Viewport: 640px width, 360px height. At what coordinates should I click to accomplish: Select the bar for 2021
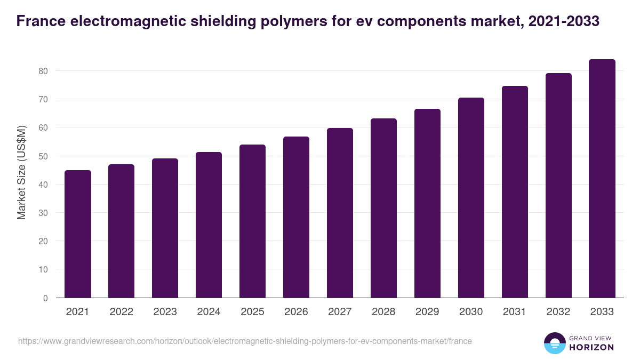click(78, 234)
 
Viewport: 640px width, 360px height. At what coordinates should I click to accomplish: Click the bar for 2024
click(209, 225)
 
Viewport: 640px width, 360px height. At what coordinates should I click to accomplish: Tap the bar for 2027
click(340, 213)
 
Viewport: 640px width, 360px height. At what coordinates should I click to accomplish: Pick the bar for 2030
click(471, 198)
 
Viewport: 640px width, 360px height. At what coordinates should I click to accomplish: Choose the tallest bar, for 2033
click(602, 179)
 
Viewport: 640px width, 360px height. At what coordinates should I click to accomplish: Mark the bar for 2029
click(427, 203)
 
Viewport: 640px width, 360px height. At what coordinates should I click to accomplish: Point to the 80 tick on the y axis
click(43, 71)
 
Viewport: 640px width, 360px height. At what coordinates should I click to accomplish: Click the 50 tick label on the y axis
click(43, 156)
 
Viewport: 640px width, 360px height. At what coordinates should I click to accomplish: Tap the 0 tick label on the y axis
click(45, 298)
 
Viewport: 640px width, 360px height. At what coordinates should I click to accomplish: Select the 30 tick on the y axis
click(43, 213)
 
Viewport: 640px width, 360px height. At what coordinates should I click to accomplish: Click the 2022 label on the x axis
click(122, 312)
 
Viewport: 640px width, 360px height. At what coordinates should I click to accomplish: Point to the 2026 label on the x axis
click(296, 312)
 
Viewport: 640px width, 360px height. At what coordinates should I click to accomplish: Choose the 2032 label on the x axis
click(558, 312)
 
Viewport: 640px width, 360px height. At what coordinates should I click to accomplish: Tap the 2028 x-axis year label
click(383, 312)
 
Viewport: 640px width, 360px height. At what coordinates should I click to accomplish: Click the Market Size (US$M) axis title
click(21, 172)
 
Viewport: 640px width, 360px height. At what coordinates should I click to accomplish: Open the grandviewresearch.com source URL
click(245, 341)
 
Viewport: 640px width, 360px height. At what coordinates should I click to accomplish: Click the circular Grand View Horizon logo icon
click(555, 343)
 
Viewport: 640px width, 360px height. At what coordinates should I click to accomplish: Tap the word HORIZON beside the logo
click(592, 347)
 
